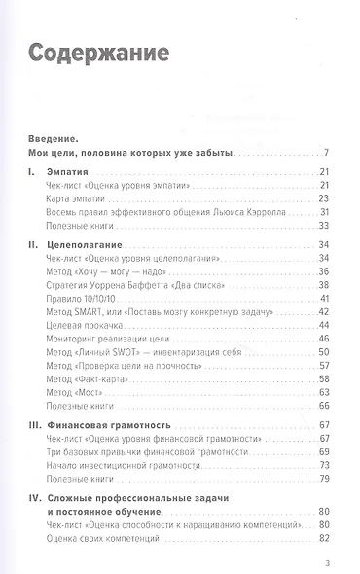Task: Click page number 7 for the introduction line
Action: [329, 153]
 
